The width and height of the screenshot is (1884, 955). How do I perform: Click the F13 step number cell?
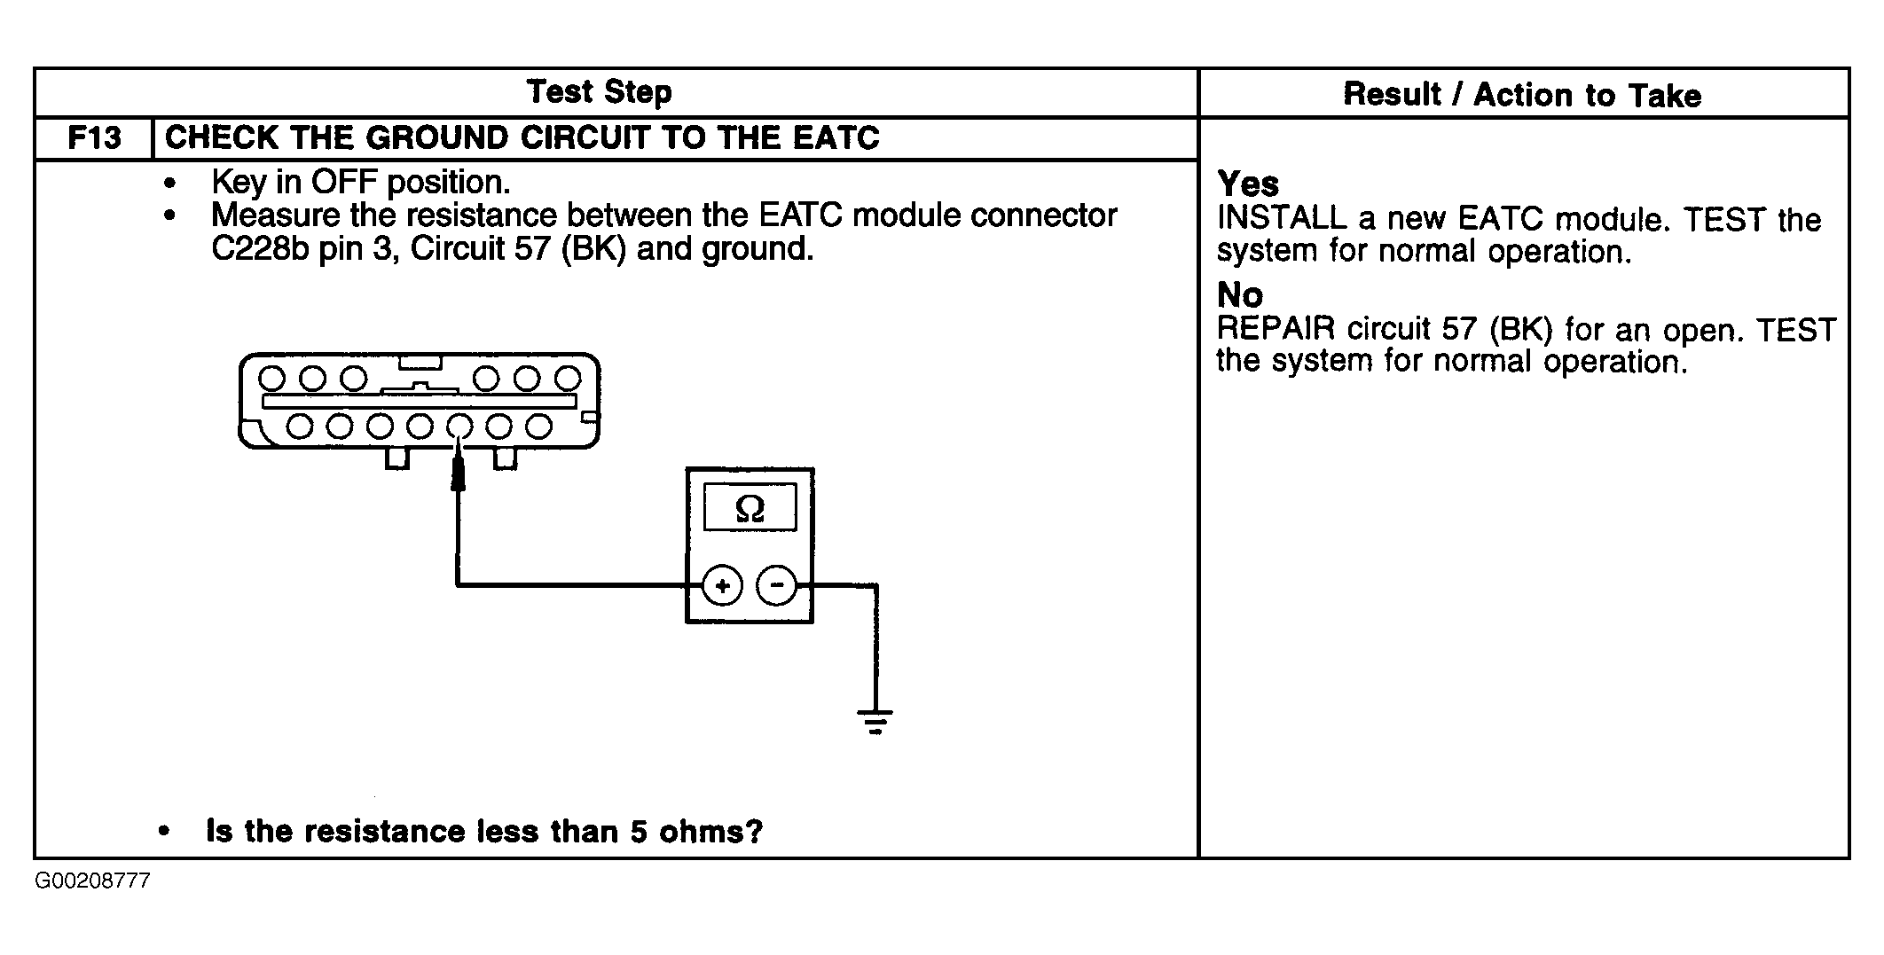click(x=94, y=138)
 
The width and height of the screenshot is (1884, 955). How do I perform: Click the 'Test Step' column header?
click(x=599, y=91)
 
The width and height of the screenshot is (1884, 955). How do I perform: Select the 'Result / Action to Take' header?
click(x=1522, y=94)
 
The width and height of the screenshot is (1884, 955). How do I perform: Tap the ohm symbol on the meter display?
click(x=750, y=509)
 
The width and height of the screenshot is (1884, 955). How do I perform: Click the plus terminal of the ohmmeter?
click(x=722, y=586)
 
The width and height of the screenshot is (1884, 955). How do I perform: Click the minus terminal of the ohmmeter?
click(x=776, y=586)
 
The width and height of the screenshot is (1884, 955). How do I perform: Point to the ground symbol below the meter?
click(x=875, y=722)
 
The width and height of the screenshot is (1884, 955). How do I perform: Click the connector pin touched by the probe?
click(x=459, y=427)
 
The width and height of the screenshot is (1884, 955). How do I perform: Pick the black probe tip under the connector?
click(x=459, y=470)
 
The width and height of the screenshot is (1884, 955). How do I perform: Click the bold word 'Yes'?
click(x=1247, y=184)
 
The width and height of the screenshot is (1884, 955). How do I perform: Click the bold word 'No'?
click(x=1239, y=294)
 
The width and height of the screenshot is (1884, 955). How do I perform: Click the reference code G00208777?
click(x=92, y=881)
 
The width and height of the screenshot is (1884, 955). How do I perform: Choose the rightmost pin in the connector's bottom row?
click(x=539, y=427)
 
